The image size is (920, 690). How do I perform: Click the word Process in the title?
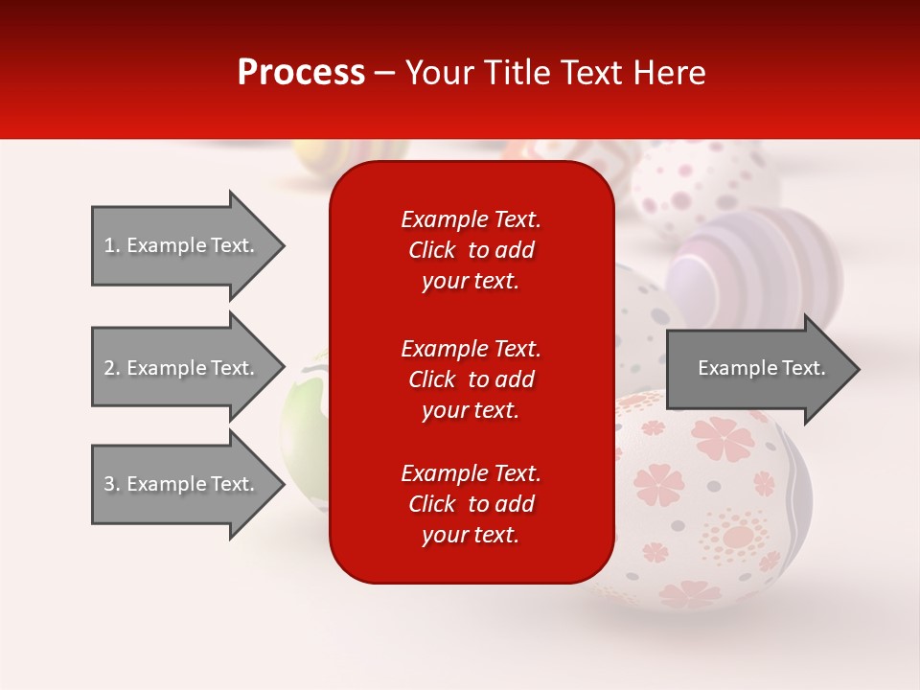(x=301, y=73)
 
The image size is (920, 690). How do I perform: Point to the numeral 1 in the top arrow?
(x=108, y=245)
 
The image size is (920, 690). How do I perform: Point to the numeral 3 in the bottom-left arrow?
(x=108, y=484)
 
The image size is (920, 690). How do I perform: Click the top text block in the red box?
(x=471, y=250)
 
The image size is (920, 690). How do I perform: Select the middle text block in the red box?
(x=471, y=379)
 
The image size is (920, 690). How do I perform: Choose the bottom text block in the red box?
(x=471, y=504)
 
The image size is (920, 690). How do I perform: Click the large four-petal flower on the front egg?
(x=724, y=438)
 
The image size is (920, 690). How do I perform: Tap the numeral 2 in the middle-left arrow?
(x=108, y=368)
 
